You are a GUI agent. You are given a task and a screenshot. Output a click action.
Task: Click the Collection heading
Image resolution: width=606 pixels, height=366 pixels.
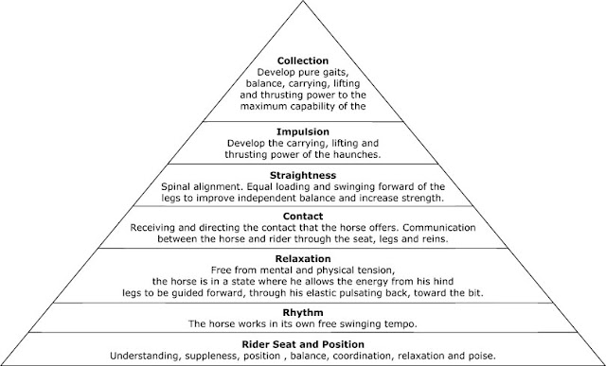click(x=303, y=61)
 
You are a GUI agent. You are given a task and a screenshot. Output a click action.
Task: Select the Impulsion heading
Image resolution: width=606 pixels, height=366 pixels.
click(x=303, y=132)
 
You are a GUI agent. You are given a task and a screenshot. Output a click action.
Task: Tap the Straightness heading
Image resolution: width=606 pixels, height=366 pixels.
click(x=303, y=176)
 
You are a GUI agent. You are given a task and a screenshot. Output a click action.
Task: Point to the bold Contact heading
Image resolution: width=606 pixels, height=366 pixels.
click(x=303, y=217)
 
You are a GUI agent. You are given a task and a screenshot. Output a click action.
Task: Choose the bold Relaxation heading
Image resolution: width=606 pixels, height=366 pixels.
click(x=303, y=259)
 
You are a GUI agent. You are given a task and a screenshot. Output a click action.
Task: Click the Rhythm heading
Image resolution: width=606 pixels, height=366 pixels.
click(x=303, y=312)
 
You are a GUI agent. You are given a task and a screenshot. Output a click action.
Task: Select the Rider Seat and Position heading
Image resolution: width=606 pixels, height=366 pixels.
click(x=303, y=344)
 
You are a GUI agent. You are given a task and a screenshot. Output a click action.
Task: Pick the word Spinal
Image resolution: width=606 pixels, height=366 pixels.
click(x=175, y=187)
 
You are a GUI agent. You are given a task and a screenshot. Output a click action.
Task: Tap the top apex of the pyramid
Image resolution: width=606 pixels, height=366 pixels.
click(x=303, y=1)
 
